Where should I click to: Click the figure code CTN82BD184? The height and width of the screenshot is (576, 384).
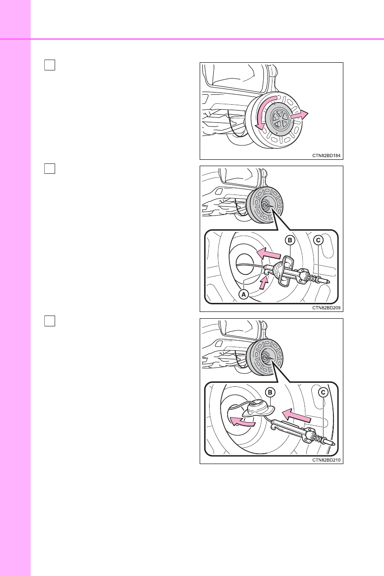pos(326,156)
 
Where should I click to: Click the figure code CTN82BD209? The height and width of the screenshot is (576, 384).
pos(326,307)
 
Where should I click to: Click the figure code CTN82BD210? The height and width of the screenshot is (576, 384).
pos(326,460)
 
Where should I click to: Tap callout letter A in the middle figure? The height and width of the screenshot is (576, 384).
pos(244,294)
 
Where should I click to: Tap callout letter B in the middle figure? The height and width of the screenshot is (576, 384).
pos(290,240)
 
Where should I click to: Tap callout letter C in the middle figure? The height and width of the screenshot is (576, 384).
pos(318,240)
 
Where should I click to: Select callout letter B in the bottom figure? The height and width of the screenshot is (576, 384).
pos(270,392)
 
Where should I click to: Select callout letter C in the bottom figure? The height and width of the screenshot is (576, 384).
pos(323,392)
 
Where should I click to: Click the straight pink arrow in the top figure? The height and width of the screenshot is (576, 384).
pos(300,115)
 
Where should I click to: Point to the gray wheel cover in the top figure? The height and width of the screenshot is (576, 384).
pos(279,119)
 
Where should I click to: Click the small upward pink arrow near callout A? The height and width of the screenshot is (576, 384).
pos(264,283)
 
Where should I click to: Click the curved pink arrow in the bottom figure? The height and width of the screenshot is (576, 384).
pos(242,422)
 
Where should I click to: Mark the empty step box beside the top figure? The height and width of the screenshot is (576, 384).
pos(50,65)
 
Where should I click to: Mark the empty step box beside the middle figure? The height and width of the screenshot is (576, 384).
pos(50,168)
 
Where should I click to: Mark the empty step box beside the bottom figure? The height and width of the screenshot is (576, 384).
pos(50,321)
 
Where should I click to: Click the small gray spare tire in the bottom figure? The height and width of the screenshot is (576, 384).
pos(265,358)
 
